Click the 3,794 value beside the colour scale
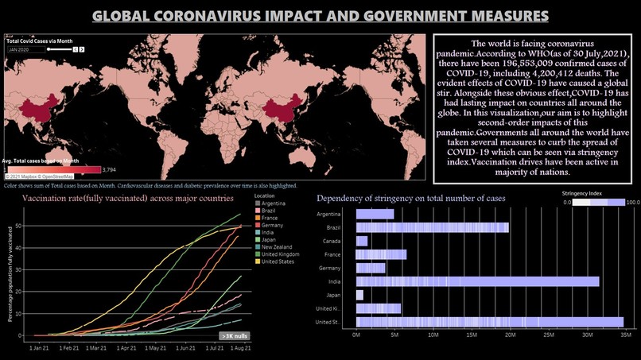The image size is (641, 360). coord(109,168)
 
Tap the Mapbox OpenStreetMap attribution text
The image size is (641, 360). coord(40,176)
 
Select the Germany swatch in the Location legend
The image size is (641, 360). coord(256,226)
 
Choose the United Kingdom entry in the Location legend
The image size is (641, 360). coord(282,255)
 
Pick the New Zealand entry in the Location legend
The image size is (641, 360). coord(278,247)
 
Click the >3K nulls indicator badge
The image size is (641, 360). coord(235,336)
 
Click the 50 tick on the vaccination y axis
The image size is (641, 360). coord(19,227)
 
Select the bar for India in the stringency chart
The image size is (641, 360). coord(477,281)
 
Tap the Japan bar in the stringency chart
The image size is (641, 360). coord(359,295)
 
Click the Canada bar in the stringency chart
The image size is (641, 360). coord(362,241)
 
